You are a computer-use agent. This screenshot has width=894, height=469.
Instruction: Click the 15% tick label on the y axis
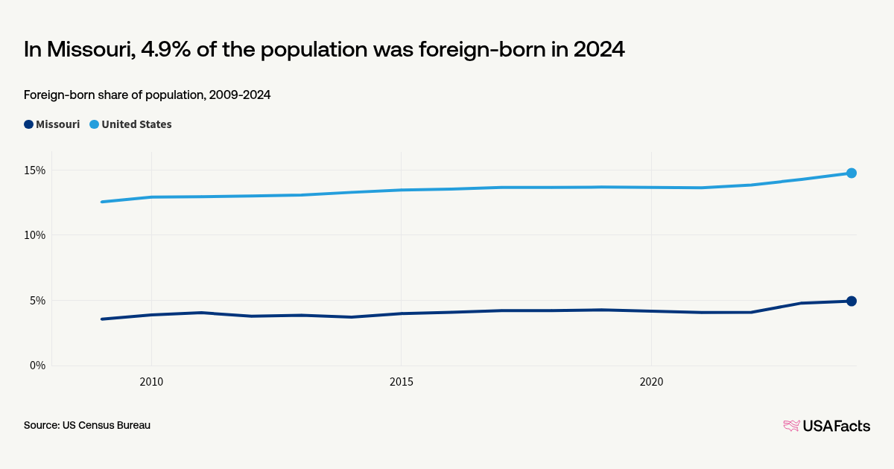click(35, 170)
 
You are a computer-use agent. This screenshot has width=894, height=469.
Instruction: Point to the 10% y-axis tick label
click(35, 235)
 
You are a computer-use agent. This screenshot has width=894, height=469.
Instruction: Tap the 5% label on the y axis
click(38, 301)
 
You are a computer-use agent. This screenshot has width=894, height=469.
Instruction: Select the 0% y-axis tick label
click(38, 366)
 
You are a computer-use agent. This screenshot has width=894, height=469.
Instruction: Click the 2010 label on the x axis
click(151, 382)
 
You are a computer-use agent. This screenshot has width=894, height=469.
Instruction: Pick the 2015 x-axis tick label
click(402, 382)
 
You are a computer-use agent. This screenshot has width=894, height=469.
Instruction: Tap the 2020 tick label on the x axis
click(651, 382)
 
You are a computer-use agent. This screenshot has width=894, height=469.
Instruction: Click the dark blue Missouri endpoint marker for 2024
click(851, 301)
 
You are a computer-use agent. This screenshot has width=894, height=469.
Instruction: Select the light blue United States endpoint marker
click(851, 173)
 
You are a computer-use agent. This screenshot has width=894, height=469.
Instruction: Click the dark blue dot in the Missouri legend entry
click(28, 124)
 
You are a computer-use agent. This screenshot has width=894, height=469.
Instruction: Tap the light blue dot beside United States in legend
click(94, 124)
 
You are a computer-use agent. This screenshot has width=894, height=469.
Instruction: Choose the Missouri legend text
click(57, 124)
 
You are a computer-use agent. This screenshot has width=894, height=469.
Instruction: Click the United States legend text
click(136, 124)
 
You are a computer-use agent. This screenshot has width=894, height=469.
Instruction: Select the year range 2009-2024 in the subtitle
click(239, 95)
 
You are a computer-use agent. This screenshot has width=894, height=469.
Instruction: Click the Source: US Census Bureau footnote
click(87, 425)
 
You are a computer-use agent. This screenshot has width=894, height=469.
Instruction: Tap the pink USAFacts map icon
click(791, 426)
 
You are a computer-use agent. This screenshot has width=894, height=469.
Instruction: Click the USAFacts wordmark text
click(836, 426)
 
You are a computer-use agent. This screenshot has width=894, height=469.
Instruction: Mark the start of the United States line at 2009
click(102, 202)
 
